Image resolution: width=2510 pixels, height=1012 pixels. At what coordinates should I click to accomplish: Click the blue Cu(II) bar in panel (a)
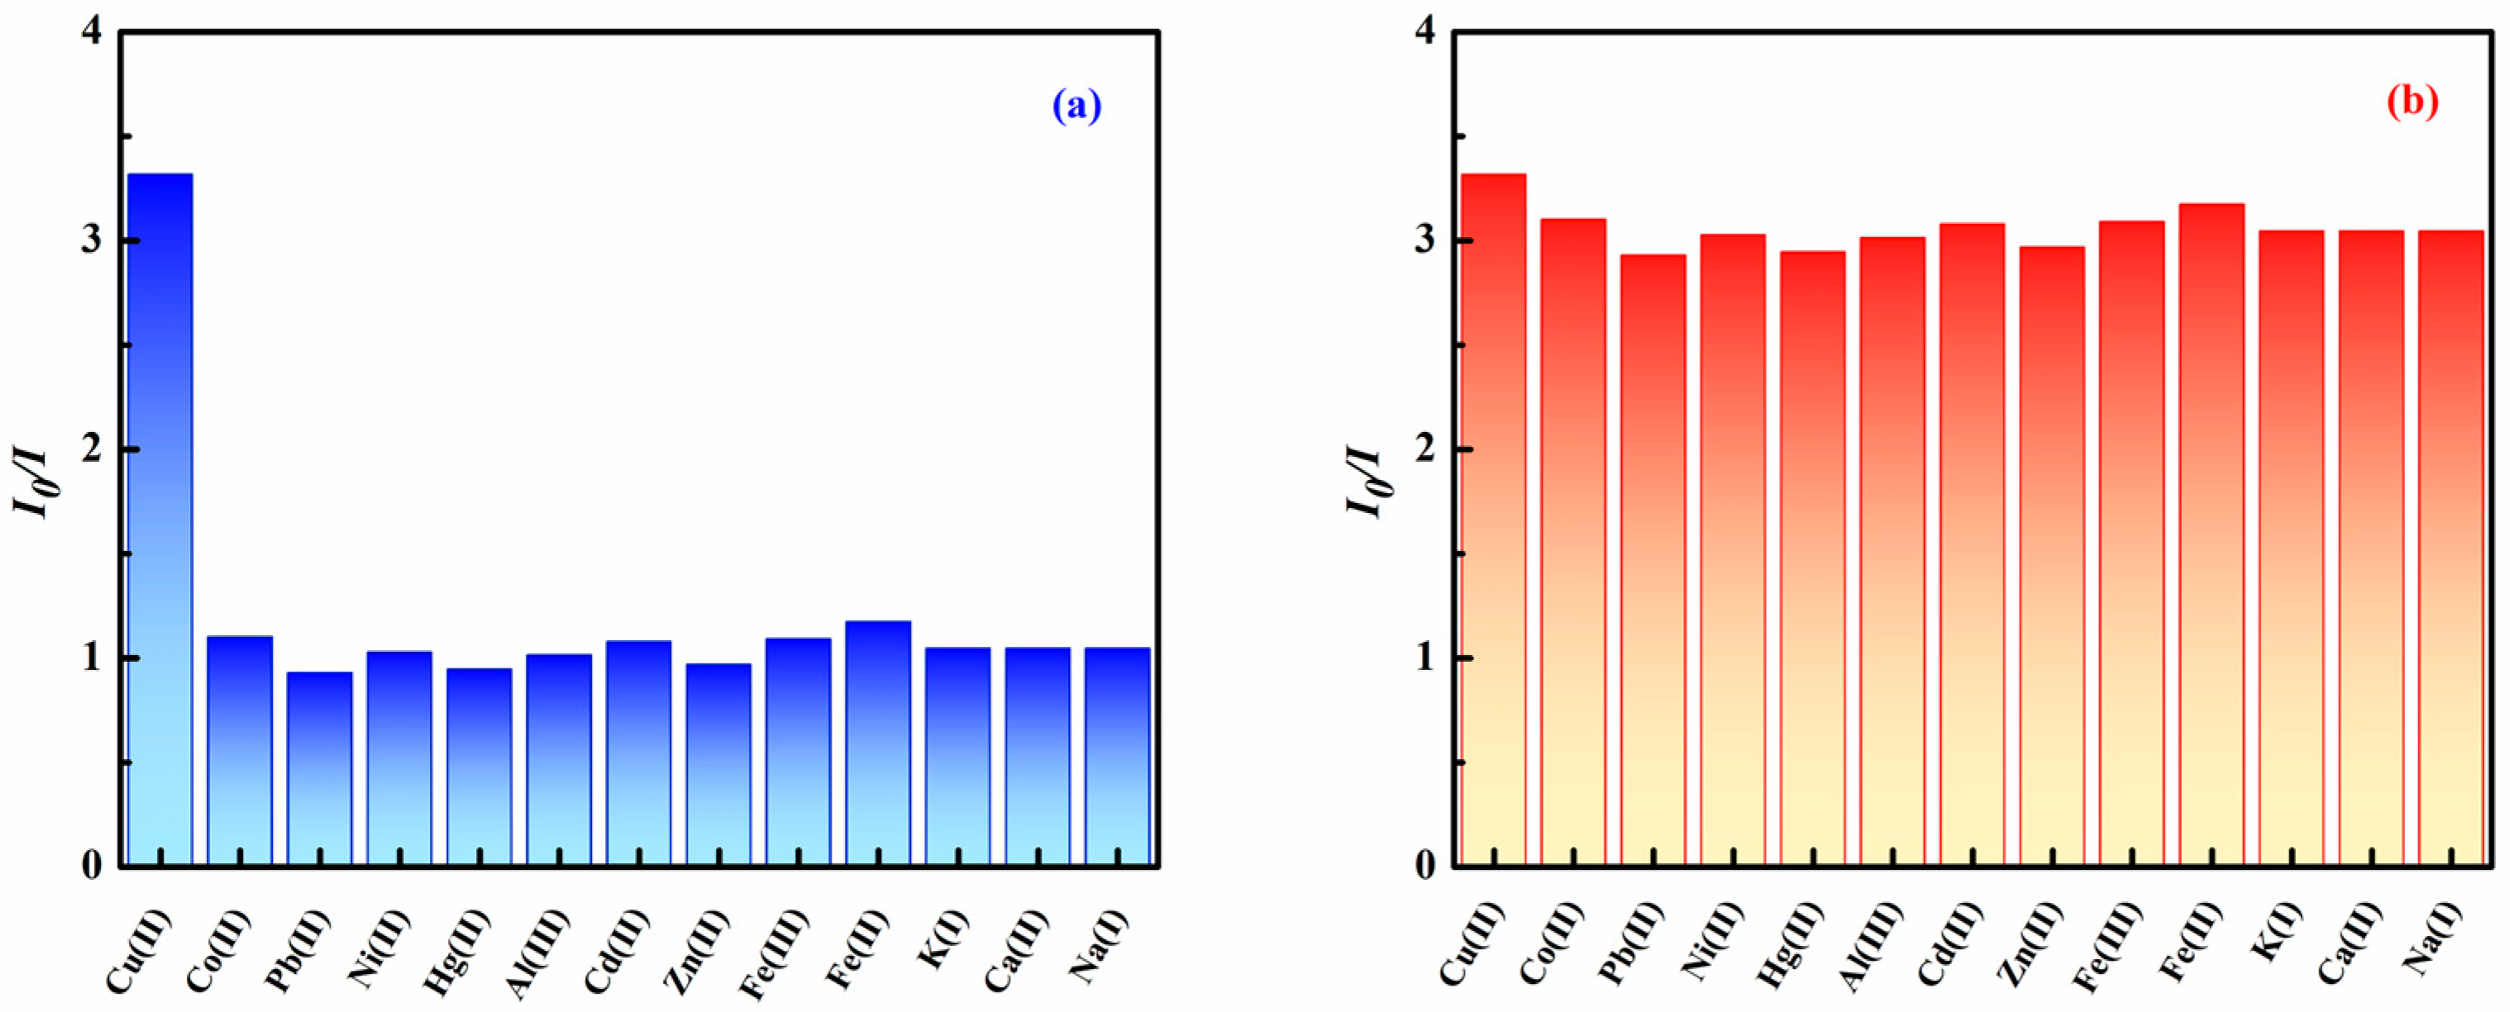click(160, 516)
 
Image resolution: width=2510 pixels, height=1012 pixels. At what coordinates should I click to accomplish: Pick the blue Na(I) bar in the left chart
click(1117, 756)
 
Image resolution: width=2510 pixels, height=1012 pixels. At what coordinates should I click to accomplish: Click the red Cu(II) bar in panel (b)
click(1494, 516)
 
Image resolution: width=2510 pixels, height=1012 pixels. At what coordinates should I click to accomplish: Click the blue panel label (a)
click(1076, 105)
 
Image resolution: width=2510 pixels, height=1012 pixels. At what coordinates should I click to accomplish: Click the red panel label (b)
click(2412, 102)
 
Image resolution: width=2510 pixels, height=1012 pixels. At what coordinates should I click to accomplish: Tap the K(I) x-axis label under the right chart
click(2274, 940)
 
